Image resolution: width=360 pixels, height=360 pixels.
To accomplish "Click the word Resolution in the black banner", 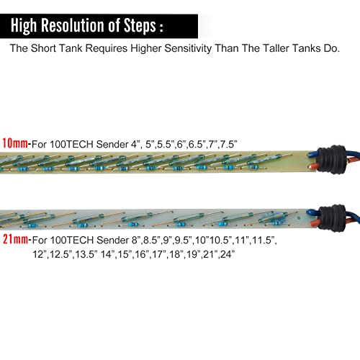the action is [x=73, y=25].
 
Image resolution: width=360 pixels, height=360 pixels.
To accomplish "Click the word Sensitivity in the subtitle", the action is [x=188, y=48].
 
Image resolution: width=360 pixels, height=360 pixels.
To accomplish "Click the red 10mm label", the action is [x=15, y=143].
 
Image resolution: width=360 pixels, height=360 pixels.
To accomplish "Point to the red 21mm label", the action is [x=15, y=239].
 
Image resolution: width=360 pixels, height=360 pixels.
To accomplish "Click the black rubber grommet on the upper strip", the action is [x=331, y=159].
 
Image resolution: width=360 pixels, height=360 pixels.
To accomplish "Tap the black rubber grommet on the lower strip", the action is [x=332, y=218].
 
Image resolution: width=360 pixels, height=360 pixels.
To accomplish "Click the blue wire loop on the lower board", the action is [x=312, y=212].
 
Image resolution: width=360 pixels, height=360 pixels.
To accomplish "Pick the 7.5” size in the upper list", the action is [x=229, y=144].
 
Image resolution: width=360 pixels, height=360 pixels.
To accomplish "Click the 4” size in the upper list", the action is [x=135, y=144].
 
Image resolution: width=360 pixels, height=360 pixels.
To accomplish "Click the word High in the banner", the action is [x=24, y=26].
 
